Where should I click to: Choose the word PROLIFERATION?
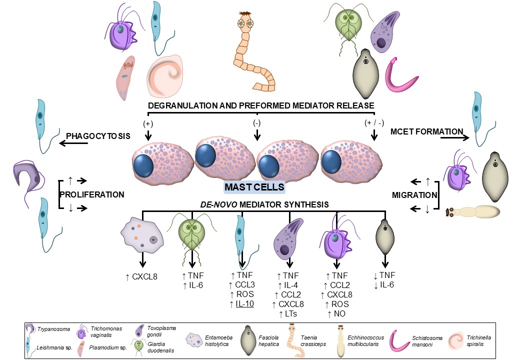(x=91, y=194)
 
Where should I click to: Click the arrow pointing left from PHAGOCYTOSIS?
(x=73, y=144)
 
